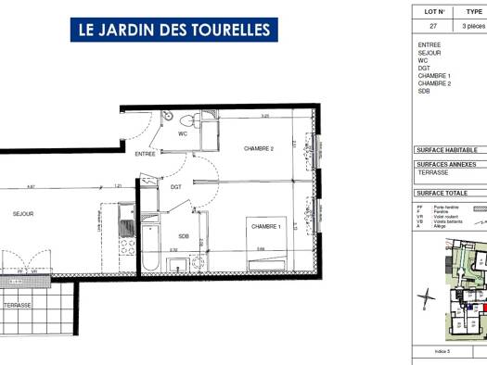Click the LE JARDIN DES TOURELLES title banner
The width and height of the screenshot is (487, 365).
point(174,30)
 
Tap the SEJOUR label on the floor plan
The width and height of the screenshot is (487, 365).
point(23,214)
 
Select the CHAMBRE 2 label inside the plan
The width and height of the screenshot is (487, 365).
point(259,149)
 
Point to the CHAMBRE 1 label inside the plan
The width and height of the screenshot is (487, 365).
point(265,226)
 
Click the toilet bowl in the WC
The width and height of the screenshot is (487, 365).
point(186,120)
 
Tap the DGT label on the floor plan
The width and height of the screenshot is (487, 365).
point(176,187)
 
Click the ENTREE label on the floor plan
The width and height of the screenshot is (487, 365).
point(145,154)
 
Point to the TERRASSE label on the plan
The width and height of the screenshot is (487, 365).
point(18,305)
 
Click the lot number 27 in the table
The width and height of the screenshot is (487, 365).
point(430,27)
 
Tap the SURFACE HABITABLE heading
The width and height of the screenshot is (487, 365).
point(448,149)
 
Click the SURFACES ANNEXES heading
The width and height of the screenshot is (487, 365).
point(448,163)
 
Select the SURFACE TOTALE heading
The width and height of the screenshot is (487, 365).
point(443,193)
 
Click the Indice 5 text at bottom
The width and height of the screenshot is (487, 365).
point(442,352)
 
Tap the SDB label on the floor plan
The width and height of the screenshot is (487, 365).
point(184,234)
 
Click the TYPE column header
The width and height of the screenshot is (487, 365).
point(474,12)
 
